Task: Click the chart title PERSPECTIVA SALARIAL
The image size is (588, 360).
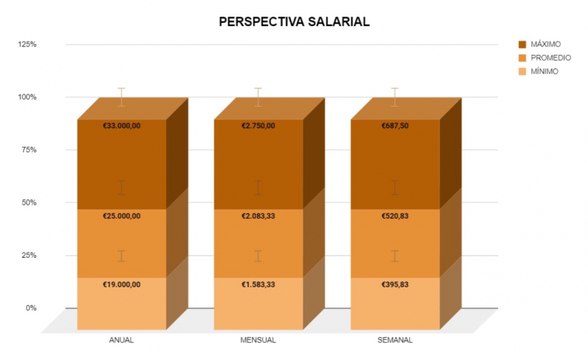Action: [294, 22]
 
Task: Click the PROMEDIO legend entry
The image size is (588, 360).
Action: [551, 58]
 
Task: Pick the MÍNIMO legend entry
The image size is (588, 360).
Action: [544, 71]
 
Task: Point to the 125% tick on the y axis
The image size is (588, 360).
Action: [27, 45]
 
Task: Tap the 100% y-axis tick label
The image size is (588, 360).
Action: [27, 97]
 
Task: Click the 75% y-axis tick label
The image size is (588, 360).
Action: [29, 150]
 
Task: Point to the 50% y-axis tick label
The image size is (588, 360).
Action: [29, 202]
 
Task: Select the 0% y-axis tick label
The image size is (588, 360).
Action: [31, 308]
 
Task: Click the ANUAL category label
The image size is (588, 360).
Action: [121, 339]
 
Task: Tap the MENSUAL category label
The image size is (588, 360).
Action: [258, 339]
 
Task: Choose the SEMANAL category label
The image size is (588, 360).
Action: [395, 339]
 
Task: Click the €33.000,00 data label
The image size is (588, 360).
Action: [122, 126]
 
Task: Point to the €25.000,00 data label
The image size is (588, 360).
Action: [122, 216]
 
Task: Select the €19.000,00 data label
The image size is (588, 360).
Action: [122, 284]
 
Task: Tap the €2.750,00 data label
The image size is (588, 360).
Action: [258, 126]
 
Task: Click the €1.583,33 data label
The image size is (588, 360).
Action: [258, 284]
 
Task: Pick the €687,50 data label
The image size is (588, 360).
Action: [395, 126]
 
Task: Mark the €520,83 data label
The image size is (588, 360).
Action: [395, 216]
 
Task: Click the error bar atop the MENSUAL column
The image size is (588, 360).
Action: [258, 97]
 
